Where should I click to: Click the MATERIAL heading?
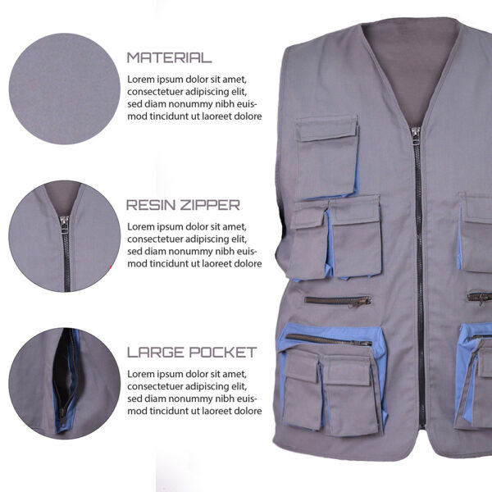(x=170, y=57)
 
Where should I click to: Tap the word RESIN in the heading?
(x=151, y=205)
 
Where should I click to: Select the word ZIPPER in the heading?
(x=210, y=205)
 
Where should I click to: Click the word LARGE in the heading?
(x=156, y=353)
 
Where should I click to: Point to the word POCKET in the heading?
(x=223, y=353)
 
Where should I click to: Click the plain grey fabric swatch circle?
(x=64, y=89)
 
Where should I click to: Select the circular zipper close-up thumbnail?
(x=64, y=236)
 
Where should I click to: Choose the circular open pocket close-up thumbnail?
(x=64, y=384)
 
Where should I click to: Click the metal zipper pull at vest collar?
(x=416, y=135)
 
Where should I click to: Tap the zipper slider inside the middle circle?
(x=65, y=224)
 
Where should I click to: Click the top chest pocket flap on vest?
(x=326, y=128)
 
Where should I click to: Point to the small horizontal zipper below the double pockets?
(x=338, y=301)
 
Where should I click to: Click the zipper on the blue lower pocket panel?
(x=329, y=339)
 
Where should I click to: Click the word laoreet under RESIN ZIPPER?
(x=216, y=264)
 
